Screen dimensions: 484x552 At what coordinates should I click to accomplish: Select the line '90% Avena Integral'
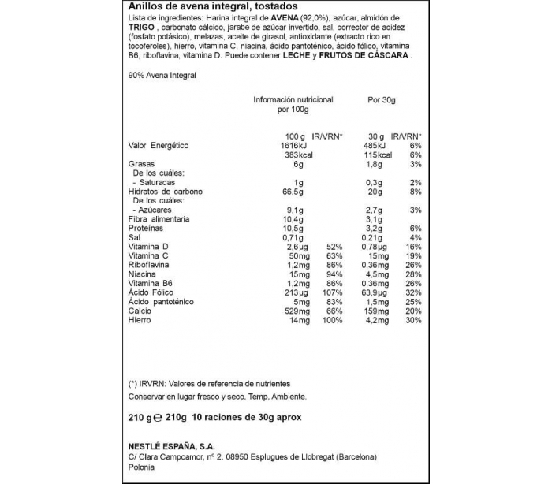point(161,75)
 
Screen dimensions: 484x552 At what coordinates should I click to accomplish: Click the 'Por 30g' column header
point(381,100)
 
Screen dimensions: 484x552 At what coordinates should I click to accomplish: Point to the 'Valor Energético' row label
point(159,146)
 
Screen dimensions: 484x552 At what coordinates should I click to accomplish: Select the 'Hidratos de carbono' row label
point(165,192)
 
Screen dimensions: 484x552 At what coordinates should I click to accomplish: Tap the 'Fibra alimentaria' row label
point(159,219)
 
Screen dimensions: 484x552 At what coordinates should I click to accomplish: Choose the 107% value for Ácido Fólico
point(336,292)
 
